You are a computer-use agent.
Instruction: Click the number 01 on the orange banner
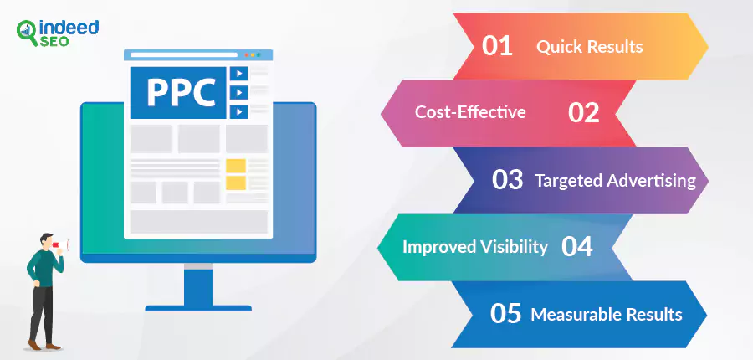click(x=497, y=46)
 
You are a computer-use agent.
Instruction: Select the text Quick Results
click(x=589, y=47)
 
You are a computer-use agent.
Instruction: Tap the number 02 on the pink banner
click(x=583, y=112)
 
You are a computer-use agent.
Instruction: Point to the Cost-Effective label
click(x=470, y=112)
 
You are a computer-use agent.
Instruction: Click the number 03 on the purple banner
click(x=507, y=179)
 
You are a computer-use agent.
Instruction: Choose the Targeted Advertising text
click(x=615, y=181)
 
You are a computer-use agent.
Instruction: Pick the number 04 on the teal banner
click(x=576, y=246)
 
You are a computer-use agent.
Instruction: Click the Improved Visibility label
click(x=475, y=247)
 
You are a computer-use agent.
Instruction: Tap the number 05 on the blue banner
click(x=505, y=313)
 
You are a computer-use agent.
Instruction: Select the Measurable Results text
click(x=607, y=314)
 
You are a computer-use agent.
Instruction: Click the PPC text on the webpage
click(x=181, y=92)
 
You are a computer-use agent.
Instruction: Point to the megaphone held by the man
click(x=60, y=245)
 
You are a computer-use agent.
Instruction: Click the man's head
click(x=47, y=241)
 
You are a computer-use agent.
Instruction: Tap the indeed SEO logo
click(x=57, y=33)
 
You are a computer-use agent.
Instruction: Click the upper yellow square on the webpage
click(x=236, y=166)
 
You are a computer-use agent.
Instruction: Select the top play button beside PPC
click(x=238, y=73)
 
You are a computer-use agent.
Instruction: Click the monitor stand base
click(x=198, y=308)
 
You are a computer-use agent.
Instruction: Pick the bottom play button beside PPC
click(x=238, y=112)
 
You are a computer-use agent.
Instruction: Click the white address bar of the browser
click(x=184, y=54)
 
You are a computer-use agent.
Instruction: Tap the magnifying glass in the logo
click(x=27, y=33)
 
